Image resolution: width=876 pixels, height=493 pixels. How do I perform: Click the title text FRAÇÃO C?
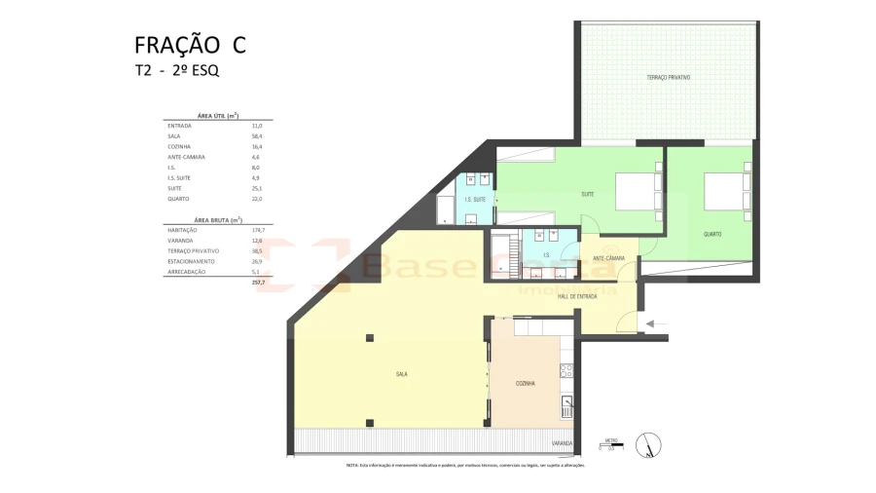pos(190,45)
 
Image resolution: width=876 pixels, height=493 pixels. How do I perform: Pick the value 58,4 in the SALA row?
pos(257,136)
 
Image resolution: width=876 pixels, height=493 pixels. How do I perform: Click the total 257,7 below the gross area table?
pos(258,282)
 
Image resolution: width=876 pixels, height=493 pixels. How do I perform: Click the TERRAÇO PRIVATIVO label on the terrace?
pos(668,77)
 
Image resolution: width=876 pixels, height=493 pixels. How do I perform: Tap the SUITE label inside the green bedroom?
pos(588,195)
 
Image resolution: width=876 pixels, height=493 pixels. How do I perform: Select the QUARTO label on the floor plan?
pos(712,234)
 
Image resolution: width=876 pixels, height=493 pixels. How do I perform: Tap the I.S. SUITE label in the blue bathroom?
pos(475,200)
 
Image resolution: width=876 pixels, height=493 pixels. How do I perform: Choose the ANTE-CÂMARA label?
pos(609,258)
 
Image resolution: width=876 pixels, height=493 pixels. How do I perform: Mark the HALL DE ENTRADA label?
pos(577,296)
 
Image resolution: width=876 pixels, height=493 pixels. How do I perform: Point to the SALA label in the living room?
pos(401,373)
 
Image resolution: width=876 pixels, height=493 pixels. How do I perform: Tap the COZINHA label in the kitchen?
pos(526,383)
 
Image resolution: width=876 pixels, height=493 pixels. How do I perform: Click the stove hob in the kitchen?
pos(566,370)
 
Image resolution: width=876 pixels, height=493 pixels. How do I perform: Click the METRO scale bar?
pos(610,446)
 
